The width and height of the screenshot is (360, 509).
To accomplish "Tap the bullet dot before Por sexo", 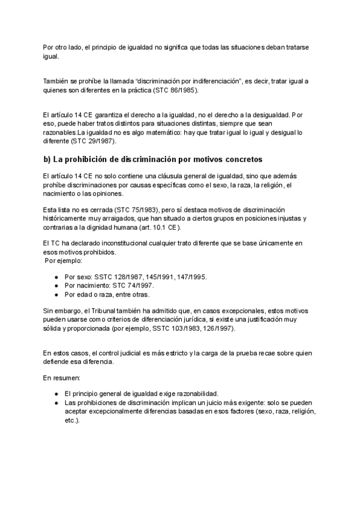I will pos(56,277).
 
